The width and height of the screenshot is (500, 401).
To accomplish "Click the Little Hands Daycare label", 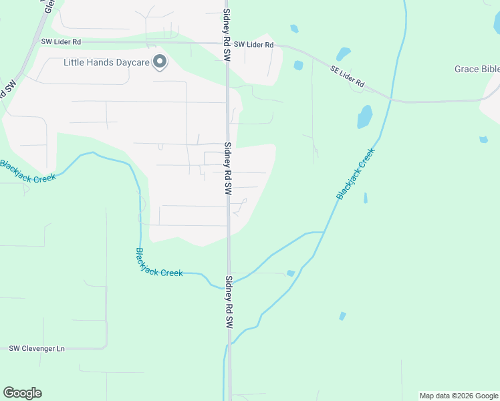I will pos(106,63).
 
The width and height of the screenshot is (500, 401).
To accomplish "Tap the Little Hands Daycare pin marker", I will pos(160,62).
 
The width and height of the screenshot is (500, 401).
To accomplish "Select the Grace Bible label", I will pos(477,69).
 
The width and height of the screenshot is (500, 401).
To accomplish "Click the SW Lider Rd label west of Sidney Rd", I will pos(61,41).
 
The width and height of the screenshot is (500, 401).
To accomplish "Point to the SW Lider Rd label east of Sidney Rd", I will pos(253,45).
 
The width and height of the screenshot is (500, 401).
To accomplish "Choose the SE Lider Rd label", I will pos(347,76).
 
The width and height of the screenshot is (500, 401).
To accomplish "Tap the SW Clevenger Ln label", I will pos(37,348).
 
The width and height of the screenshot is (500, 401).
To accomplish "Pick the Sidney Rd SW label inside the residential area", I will pos(227,168).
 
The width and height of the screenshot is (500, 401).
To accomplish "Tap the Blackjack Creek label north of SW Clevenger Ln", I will pos(159,263).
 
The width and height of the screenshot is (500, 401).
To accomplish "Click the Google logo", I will pos(22,393).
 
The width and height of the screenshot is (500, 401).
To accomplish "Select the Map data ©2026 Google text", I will pos(459,396).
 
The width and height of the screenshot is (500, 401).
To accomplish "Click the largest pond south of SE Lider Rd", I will pos(364,117).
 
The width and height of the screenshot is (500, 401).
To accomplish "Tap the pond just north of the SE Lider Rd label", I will pos(343,53).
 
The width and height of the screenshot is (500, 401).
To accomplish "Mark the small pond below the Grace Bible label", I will pos(483,140).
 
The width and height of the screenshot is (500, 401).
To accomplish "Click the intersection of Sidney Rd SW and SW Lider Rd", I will pos(227,43).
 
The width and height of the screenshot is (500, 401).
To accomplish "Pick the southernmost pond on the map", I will pos(343,316).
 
